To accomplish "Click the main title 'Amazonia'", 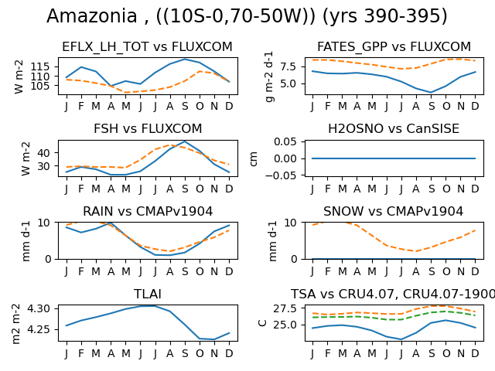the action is tap(92, 15).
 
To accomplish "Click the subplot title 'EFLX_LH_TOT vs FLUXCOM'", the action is tap(147, 46).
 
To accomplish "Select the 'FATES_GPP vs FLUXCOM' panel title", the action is tap(394, 46).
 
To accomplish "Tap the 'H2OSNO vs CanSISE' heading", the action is tap(394, 129).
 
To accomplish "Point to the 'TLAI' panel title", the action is tap(148, 294).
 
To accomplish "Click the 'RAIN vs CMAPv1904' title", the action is tap(148, 211).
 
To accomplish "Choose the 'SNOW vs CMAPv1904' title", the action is tap(394, 211).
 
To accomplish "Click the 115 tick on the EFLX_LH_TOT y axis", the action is tap(40, 67).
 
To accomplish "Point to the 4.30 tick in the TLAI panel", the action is tap(39, 308).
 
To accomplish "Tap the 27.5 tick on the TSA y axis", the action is tap(285, 308).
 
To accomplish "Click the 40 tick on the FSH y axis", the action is tap(44, 153).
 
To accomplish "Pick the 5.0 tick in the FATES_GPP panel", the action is tap(288, 84).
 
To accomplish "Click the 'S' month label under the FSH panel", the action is tap(185, 189).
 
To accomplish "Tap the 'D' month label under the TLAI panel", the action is tap(229, 353).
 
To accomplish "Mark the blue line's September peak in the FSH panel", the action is tap(185, 141).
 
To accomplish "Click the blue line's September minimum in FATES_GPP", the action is tap(431, 93).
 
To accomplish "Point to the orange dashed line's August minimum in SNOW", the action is tap(416, 251).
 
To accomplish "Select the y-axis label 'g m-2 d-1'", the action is tap(270, 77).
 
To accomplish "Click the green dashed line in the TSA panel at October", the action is tap(445, 311).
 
